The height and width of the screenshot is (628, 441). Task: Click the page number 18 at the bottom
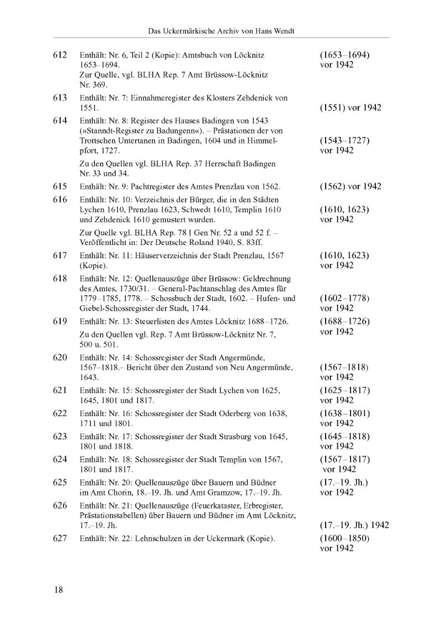[59, 590]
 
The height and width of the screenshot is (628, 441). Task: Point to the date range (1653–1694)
[344, 55]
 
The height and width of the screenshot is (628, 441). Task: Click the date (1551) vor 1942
[350, 108]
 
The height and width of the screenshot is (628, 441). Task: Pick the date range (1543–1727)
[344, 141]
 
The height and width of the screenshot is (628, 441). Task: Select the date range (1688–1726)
[344, 321]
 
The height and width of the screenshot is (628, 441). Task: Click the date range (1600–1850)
[344, 538]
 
